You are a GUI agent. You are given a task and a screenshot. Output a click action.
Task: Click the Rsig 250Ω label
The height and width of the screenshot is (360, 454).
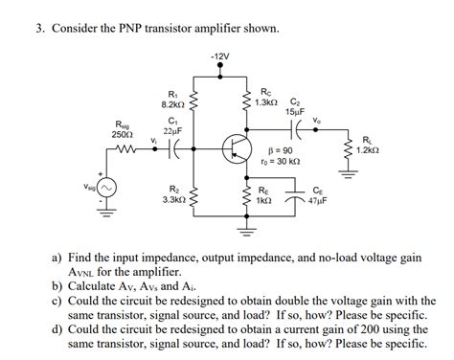pyautogui.click(x=124, y=129)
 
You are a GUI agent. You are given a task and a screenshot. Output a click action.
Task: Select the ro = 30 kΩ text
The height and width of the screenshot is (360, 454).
pyautogui.click(x=279, y=164)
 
